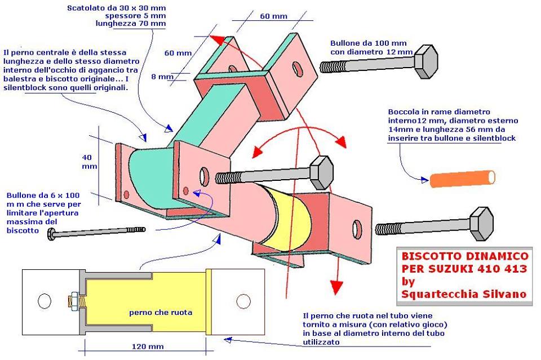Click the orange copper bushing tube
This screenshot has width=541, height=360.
click(463, 179)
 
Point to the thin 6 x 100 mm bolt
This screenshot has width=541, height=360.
click(96, 232)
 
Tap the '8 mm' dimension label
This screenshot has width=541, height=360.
click(166, 77)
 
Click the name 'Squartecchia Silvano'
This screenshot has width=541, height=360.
click(463, 294)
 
